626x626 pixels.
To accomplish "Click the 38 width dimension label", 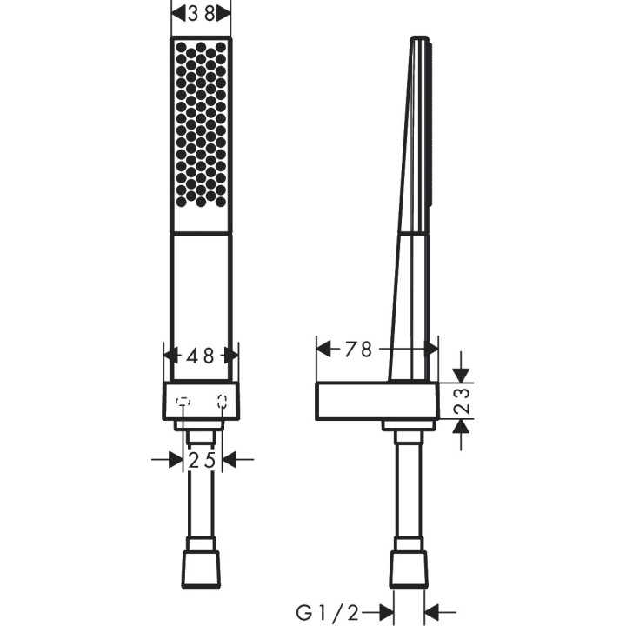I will pos(201,14).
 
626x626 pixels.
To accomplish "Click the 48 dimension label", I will pos(202,356).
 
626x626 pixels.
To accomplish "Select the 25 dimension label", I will pos(202,460).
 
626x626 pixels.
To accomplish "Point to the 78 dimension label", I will pos(357,350).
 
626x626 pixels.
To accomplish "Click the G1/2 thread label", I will pos(327,612).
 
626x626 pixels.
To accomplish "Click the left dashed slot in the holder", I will pos(183,402).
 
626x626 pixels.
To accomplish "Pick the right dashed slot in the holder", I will pos(222,402).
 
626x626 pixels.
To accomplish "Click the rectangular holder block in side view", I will pos(376,401).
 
